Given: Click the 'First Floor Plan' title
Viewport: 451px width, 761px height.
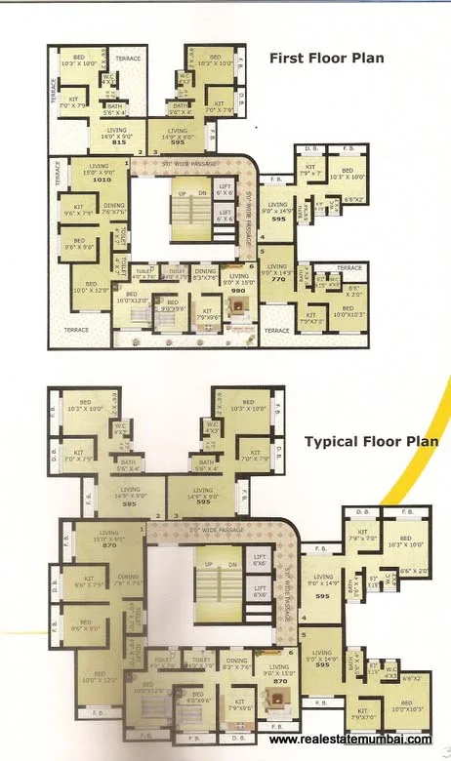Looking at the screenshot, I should point(326,59).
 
